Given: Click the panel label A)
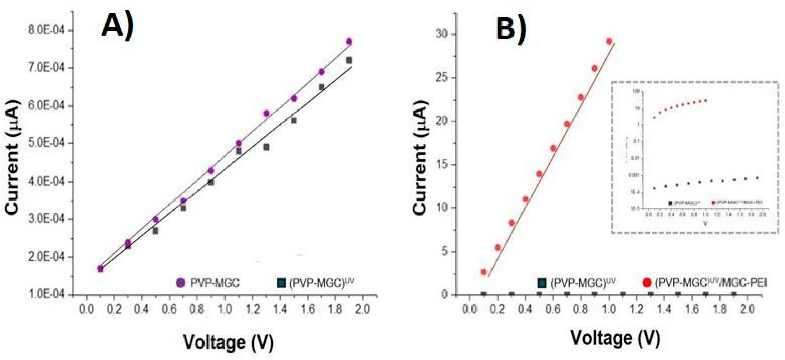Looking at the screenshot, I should [118, 26].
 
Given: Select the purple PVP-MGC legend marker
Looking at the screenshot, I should [181, 283].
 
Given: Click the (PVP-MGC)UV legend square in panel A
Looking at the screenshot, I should [281, 283].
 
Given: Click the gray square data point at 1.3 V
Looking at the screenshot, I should [266, 147].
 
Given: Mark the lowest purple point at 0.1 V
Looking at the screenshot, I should [101, 268].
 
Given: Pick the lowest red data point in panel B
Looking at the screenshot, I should [484, 272].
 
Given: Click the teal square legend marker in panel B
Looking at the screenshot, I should [541, 283].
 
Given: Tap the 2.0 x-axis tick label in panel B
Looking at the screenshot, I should [748, 309].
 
